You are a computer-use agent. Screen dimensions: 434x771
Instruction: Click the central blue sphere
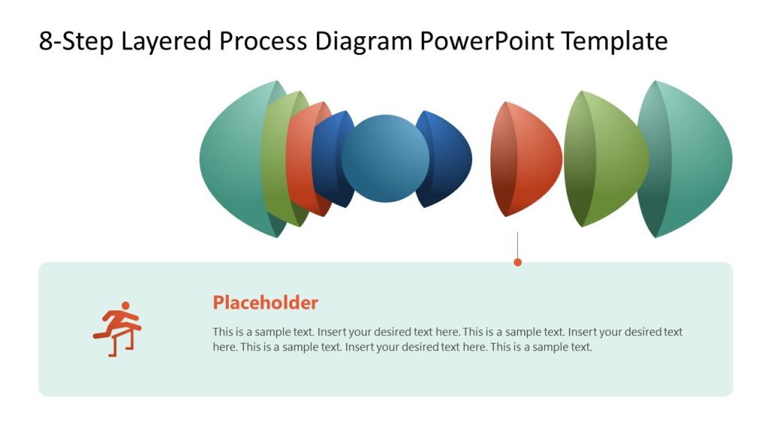(x=385, y=159)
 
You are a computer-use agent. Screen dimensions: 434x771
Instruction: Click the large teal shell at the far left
(x=230, y=159)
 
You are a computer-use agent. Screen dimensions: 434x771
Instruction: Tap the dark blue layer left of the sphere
(x=325, y=159)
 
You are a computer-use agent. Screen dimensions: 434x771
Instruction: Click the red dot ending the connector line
(x=517, y=262)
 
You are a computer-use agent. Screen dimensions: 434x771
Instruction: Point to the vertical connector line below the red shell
(x=517, y=245)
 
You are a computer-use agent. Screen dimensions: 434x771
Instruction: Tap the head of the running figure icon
(x=126, y=306)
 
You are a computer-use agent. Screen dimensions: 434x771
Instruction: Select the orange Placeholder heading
(x=265, y=303)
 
